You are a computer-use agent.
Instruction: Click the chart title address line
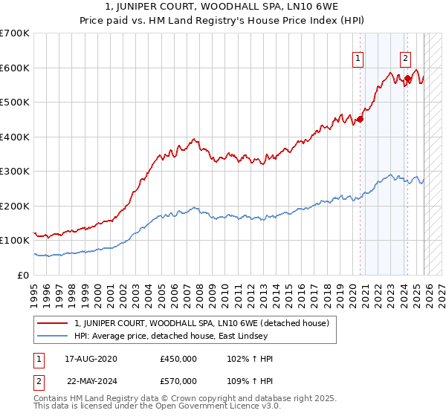(x=222, y=8)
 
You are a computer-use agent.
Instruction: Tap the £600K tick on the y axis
(x=15, y=68)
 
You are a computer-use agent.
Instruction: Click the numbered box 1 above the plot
(x=358, y=58)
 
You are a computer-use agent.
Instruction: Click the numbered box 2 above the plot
(x=405, y=58)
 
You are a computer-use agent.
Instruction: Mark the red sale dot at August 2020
(x=361, y=119)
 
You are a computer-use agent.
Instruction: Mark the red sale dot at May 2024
(x=408, y=78)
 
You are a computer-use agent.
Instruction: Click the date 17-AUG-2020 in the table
(x=92, y=359)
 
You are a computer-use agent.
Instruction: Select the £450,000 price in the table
(x=178, y=359)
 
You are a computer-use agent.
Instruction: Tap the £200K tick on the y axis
(x=15, y=206)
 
